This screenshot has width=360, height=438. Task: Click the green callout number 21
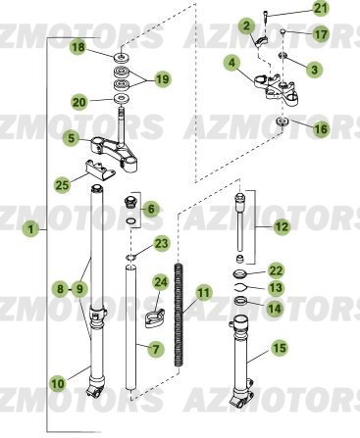point(322,9)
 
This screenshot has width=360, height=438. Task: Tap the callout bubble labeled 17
point(322,34)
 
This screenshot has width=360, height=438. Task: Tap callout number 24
point(162,283)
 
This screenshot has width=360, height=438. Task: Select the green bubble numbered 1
point(31,228)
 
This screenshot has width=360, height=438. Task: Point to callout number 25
point(62,183)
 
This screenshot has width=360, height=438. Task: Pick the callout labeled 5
point(70,138)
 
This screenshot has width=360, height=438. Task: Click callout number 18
point(78,46)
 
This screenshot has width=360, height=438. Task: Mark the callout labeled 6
point(150,209)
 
